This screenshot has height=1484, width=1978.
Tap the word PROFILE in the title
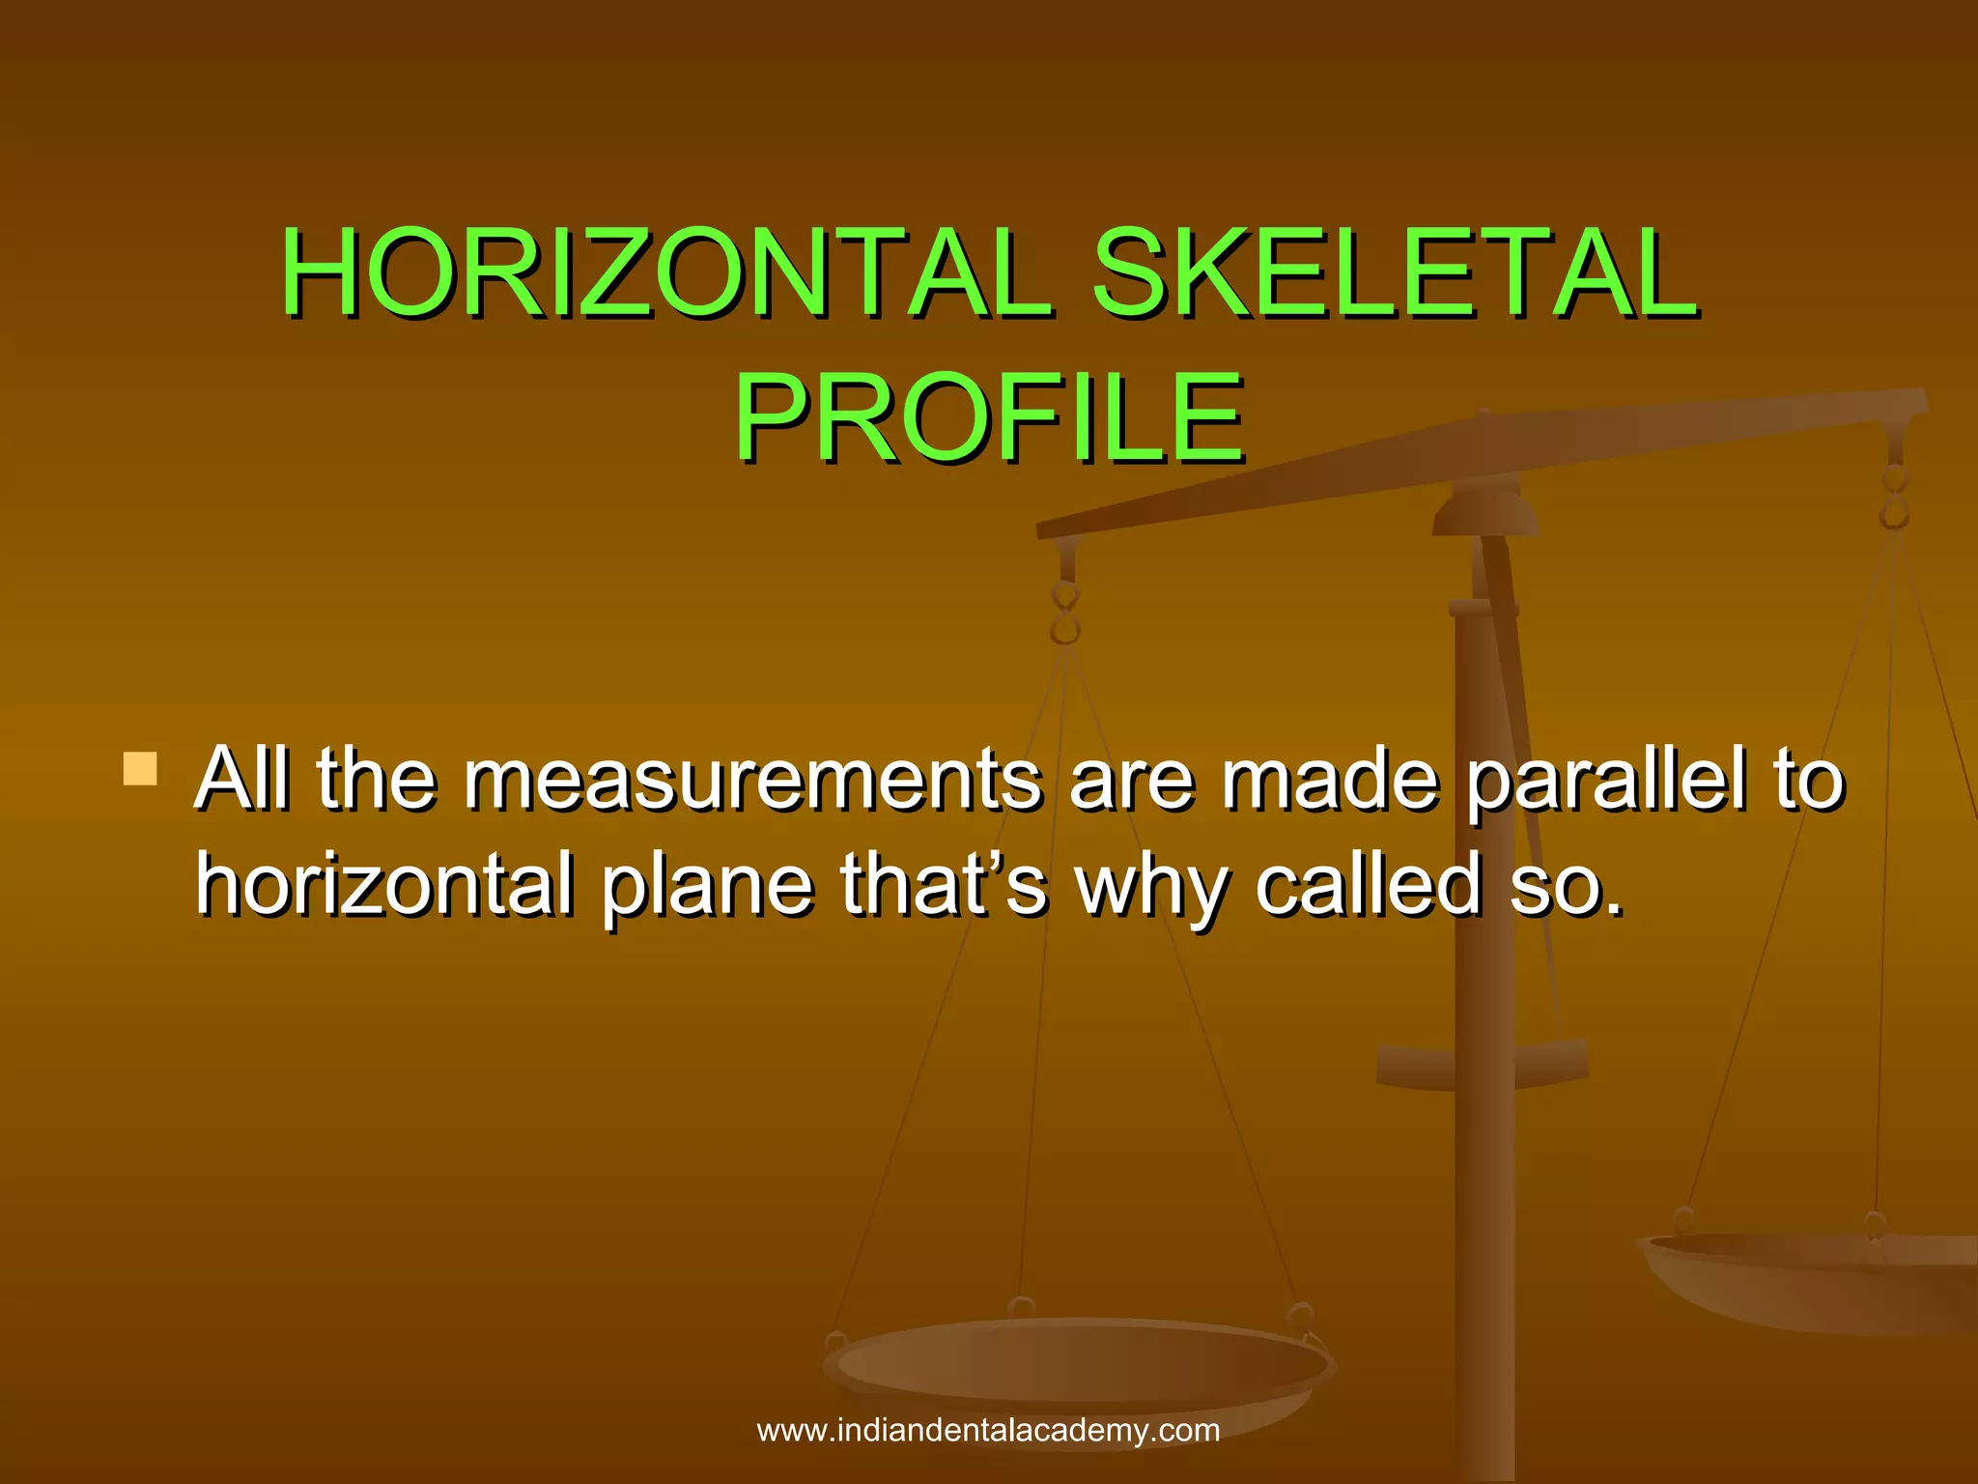[989, 419]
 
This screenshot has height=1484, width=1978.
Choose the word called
[1368, 883]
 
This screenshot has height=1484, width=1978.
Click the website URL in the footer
[988, 1430]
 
